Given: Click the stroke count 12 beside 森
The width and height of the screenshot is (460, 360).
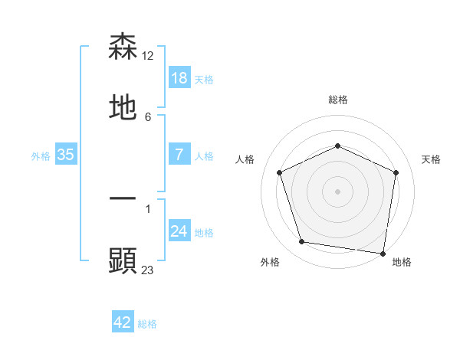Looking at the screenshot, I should (148, 56).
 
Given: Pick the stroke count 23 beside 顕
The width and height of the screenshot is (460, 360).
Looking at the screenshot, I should (148, 269).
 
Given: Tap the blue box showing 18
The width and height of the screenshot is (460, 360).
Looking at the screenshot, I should (179, 77).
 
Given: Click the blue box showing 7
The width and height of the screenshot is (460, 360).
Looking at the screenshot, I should (179, 154).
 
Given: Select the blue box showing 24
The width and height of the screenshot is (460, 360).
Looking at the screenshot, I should (179, 231).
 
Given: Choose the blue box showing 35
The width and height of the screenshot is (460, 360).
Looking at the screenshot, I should (66, 154).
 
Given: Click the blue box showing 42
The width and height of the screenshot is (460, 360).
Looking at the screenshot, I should (123, 322).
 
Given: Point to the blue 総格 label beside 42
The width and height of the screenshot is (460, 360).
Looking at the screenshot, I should (147, 324).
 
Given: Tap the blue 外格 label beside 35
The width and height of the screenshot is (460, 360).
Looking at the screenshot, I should (41, 155).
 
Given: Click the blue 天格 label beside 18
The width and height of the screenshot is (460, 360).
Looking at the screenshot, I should (204, 79).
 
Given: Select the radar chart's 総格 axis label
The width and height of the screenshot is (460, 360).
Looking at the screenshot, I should (338, 100).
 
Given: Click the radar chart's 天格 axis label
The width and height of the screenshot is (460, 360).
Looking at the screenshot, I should (431, 159).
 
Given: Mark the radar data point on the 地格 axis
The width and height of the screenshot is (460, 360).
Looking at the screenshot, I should (383, 253).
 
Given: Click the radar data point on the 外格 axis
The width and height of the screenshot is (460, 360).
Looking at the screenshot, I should (302, 242).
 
